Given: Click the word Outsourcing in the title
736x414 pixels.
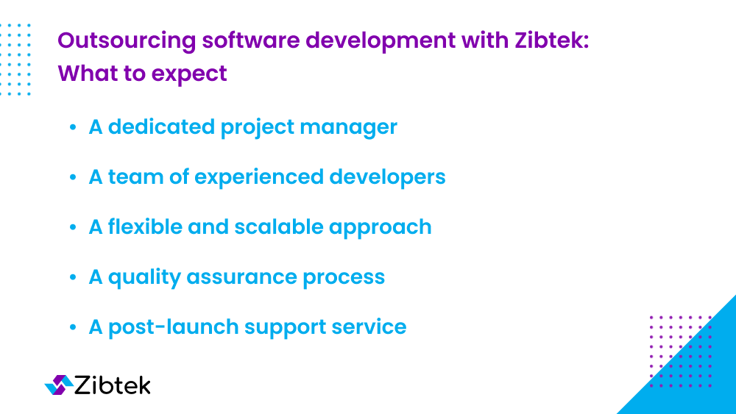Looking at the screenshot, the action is (127, 40).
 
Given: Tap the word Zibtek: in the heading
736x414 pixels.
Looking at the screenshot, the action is (551, 40).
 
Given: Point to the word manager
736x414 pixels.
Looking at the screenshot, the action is (349, 127).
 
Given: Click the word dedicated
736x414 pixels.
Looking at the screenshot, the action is (161, 126).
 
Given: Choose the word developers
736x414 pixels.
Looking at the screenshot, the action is (387, 177).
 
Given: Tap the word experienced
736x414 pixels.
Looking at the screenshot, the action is (259, 177).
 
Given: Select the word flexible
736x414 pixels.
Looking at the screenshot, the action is (145, 226).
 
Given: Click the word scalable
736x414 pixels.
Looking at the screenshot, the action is (279, 226).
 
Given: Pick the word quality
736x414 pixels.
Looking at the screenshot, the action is (144, 277).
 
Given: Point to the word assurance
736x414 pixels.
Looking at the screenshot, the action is (241, 277).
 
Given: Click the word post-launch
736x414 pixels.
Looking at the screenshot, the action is (174, 327).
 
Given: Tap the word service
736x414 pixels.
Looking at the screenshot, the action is (369, 327).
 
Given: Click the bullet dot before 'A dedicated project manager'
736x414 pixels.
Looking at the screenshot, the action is (73, 127).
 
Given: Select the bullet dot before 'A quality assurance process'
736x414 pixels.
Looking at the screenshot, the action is (73, 277).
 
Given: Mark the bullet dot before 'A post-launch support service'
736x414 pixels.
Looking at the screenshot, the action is (73, 327).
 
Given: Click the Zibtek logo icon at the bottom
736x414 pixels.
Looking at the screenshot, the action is (59, 385).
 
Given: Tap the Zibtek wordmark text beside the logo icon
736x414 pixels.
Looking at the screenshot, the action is (113, 385).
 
